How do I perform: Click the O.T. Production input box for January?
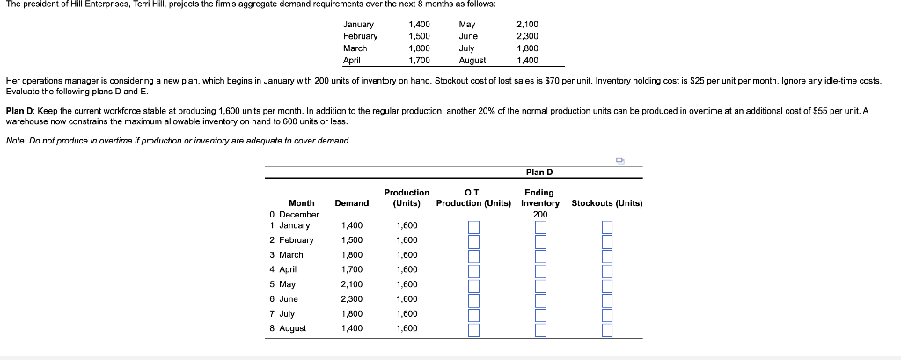(x=473, y=226)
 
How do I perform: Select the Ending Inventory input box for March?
(x=540, y=255)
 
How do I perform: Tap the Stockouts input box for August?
(x=607, y=329)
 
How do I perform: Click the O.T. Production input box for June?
(x=473, y=299)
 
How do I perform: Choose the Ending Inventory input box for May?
(x=540, y=285)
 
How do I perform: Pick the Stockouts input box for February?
(x=607, y=240)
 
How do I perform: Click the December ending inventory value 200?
(x=539, y=214)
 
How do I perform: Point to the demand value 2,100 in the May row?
(x=351, y=284)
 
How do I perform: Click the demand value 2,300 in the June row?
(x=351, y=299)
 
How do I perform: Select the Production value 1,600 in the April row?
(x=407, y=269)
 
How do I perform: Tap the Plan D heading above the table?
(x=538, y=172)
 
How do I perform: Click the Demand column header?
(x=351, y=203)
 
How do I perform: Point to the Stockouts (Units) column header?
(x=607, y=203)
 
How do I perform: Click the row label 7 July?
(x=287, y=313)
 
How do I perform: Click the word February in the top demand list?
(x=360, y=36)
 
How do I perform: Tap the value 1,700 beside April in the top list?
(x=419, y=61)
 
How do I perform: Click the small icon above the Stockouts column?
(x=619, y=160)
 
